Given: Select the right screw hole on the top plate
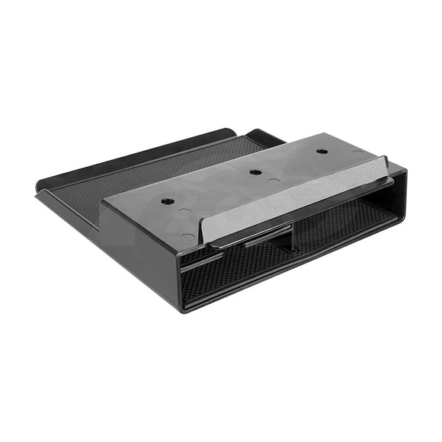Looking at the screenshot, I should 321,151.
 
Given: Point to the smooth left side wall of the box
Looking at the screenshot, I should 141,244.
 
